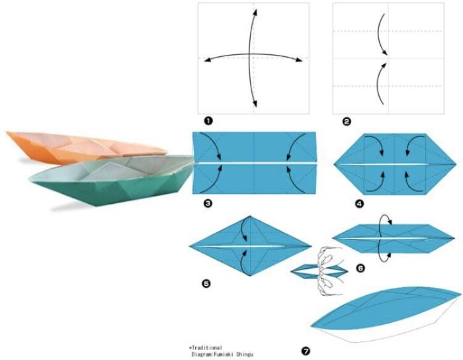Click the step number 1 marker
point(208,121)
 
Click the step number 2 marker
point(347,121)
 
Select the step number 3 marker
point(208,203)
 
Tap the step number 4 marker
point(360,203)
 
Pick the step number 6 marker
point(360,268)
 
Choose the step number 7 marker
point(306,351)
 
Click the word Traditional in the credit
point(207,348)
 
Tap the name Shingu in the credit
point(244,354)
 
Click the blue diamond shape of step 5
point(250,246)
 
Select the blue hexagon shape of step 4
point(395,164)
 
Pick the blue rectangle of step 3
point(254,163)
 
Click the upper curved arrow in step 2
point(380,33)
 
